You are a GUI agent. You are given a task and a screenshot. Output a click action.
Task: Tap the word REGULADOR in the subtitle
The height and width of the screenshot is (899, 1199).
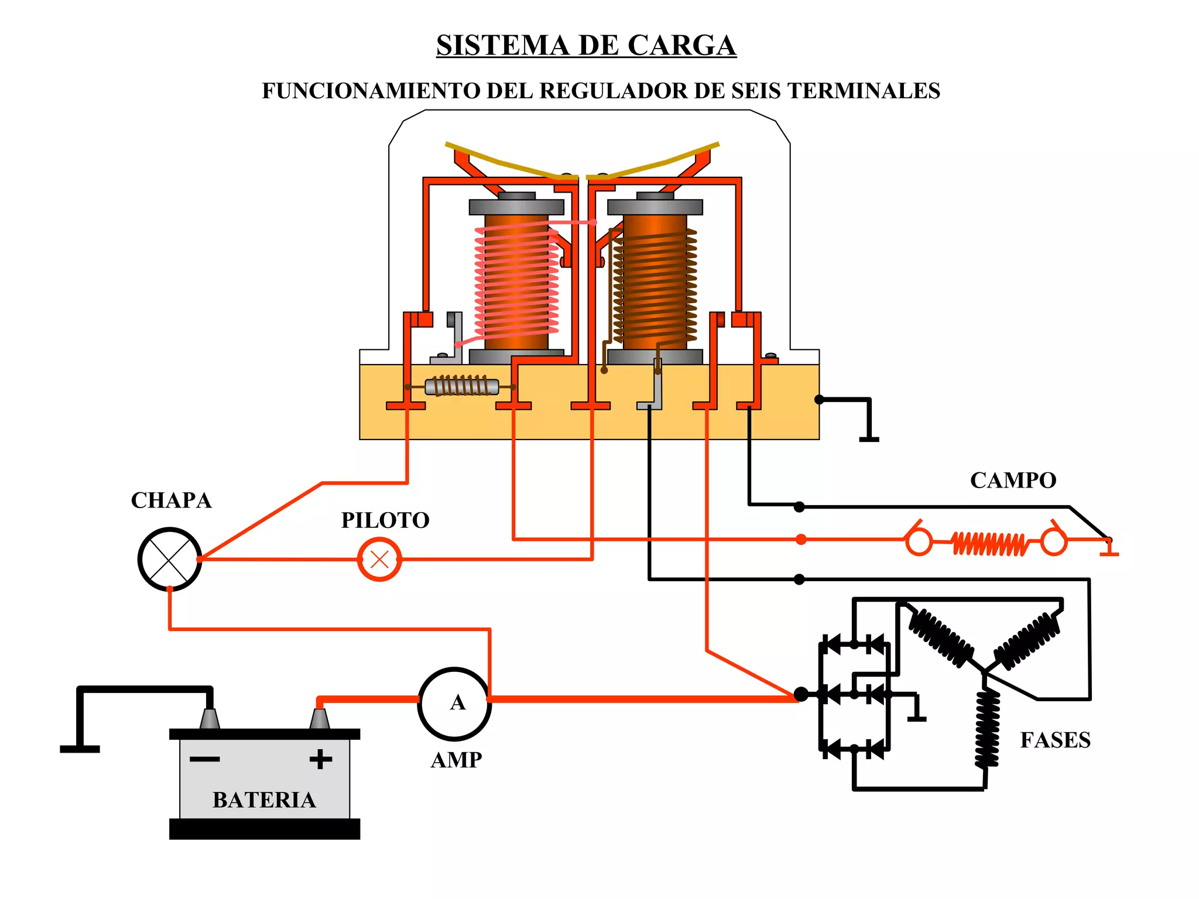click(614, 91)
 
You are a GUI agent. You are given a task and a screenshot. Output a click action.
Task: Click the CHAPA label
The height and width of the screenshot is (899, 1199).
click(171, 500)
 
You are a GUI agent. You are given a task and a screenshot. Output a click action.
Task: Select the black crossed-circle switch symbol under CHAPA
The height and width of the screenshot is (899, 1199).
click(170, 560)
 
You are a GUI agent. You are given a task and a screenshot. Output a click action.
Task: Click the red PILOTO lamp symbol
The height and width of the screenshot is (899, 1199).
click(379, 560)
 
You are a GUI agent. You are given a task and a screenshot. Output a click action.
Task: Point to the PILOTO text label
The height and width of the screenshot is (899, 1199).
click(385, 520)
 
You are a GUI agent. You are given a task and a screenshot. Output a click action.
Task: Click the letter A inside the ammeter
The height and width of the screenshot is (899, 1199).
click(457, 702)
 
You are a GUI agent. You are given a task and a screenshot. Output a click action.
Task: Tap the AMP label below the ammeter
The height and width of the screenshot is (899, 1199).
click(456, 760)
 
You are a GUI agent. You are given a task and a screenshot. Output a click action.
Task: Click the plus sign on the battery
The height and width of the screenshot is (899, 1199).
click(320, 759)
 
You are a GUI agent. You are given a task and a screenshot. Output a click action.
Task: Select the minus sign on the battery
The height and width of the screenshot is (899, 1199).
click(205, 759)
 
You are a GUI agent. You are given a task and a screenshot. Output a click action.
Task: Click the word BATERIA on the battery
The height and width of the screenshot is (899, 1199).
click(264, 800)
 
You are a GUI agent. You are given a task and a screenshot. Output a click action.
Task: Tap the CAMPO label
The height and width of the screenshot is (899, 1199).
click(1013, 481)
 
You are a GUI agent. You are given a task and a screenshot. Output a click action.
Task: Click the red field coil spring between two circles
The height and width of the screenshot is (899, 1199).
click(988, 544)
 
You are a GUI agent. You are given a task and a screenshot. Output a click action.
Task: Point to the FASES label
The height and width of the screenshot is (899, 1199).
click(1055, 740)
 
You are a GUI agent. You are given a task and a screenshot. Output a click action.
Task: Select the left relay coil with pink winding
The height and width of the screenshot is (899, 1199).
click(516, 281)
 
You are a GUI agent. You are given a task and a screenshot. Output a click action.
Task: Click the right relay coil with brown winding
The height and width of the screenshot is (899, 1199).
click(655, 281)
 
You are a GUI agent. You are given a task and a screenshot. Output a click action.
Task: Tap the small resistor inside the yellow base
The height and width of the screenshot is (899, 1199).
click(461, 387)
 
